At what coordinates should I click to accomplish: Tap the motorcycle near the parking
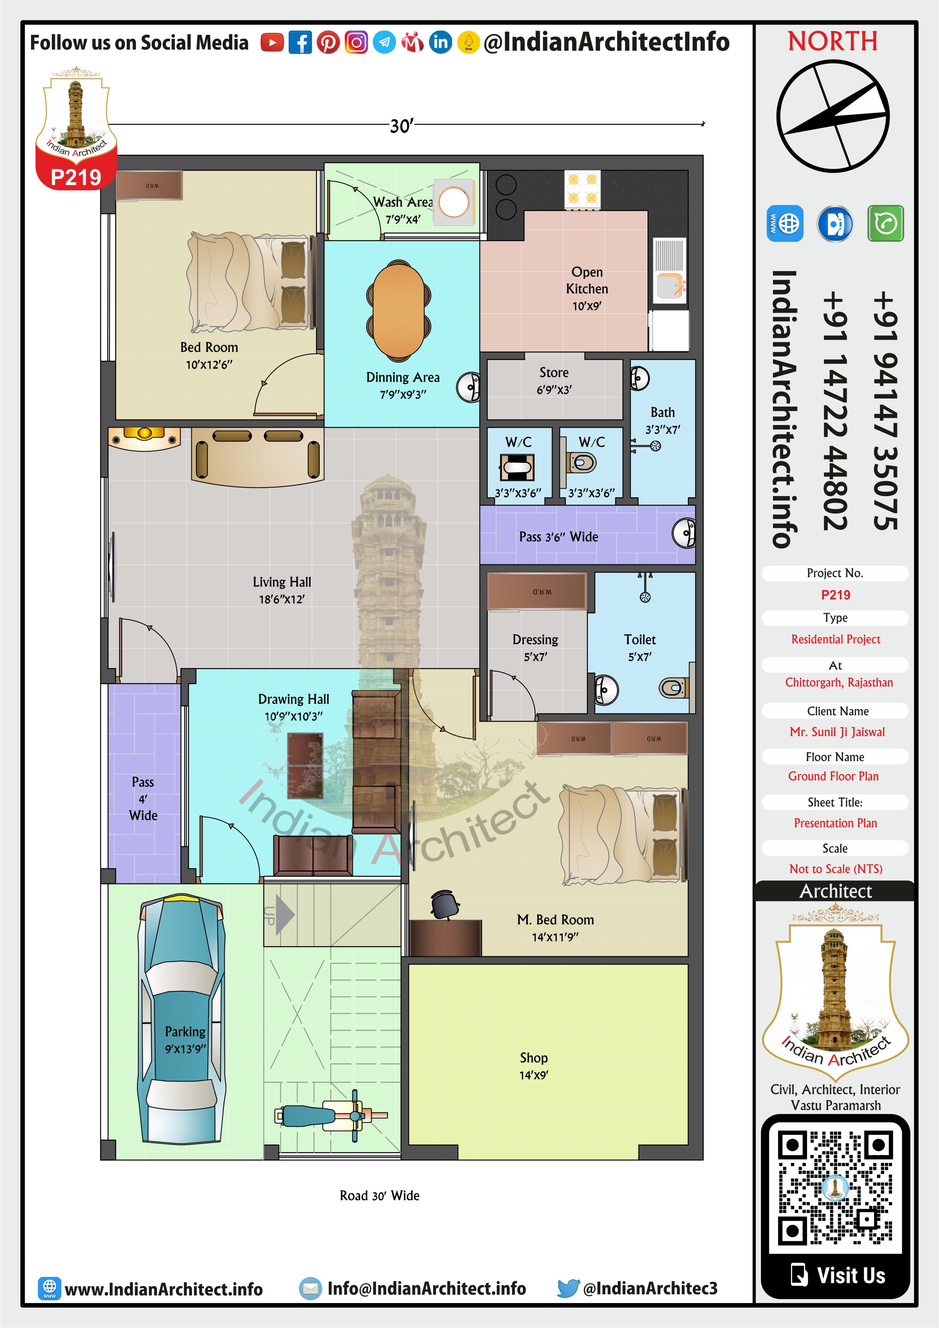tap(331, 1116)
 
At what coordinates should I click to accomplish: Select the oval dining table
tap(398, 310)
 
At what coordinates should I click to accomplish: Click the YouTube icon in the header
tap(272, 42)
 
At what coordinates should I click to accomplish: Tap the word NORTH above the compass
tap(833, 41)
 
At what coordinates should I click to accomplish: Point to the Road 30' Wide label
tap(379, 1196)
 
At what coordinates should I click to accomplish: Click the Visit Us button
tap(836, 1275)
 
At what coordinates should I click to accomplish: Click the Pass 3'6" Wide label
tap(558, 537)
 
